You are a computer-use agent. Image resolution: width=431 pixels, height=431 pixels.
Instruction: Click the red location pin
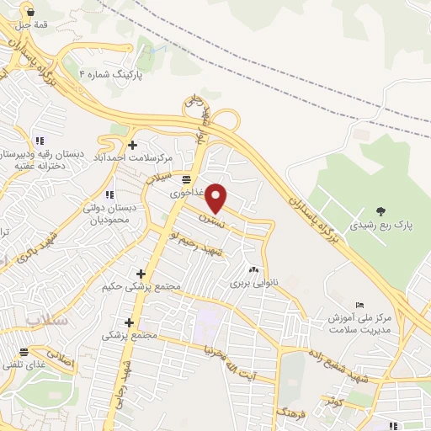[x=216, y=197]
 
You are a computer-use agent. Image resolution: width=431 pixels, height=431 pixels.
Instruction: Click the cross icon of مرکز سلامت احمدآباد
[x=133, y=145]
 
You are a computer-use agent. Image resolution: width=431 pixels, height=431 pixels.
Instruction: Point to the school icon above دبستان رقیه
[x=39, y=141]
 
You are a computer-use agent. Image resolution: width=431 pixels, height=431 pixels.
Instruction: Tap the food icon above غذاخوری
[x=186, y=179]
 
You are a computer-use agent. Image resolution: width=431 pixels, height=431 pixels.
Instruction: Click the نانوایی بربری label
[x=253, y=283]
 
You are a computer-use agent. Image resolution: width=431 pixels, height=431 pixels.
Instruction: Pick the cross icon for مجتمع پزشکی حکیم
[x=141, y=274]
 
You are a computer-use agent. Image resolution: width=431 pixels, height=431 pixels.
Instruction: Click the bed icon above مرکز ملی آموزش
[x=360, y=305]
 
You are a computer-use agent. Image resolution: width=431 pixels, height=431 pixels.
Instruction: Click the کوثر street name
[x=334, y=402]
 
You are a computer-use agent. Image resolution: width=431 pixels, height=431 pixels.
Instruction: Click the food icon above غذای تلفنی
[x=24, y=351]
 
